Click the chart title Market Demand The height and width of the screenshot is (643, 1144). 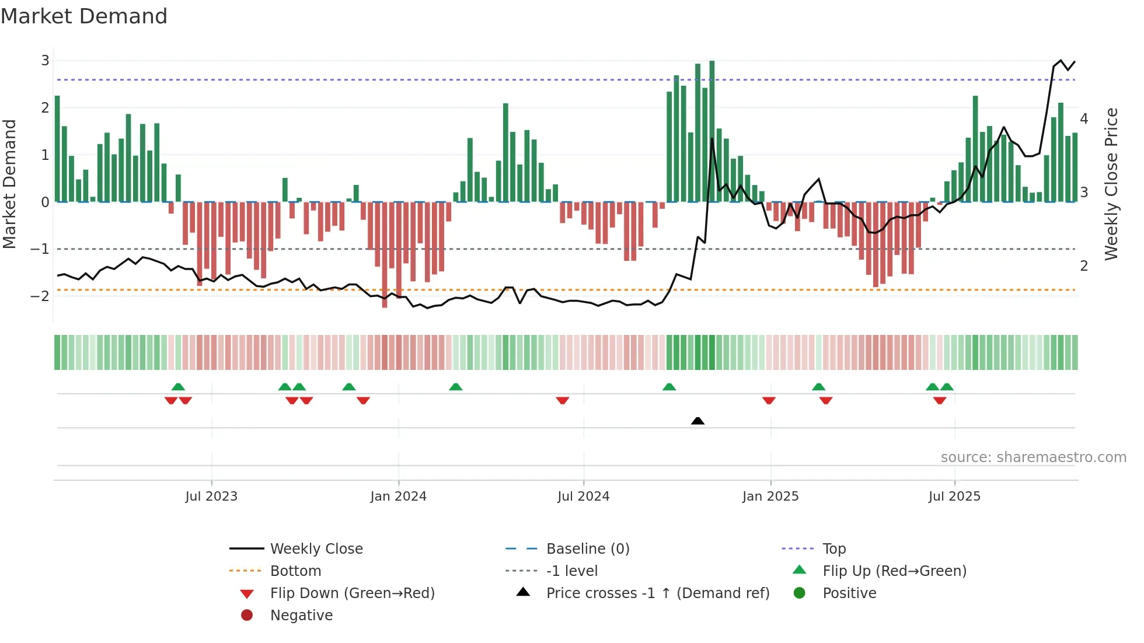(x=84, y=16)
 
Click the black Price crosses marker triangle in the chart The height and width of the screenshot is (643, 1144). (x=697, y=421)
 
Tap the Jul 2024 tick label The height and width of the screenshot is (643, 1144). (x=583, y=497)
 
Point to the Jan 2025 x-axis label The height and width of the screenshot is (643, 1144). (x=770, y=497)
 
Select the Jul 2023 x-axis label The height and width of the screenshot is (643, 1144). (x=211, y=497)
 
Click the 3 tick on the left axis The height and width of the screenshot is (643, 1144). (x=45, y=61)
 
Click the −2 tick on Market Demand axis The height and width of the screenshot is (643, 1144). (x=40, y=296)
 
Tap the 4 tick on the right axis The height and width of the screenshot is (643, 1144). (x=1084, y=119)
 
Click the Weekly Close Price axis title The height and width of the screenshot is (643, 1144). (x=1111, y=184)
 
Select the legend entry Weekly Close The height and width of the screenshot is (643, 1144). (x=316, y=549)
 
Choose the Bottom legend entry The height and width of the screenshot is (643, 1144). (x=295, y=571)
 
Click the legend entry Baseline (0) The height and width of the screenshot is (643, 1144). (x=588, y=549)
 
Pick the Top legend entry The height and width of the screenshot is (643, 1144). (x=834, y=549)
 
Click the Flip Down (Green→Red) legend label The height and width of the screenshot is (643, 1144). (x=352, y=593)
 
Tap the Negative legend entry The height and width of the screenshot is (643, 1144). (x=301, y=616)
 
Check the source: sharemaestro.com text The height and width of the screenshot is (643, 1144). (x=1033, y=457)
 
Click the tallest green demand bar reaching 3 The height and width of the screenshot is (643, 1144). (x=712, y=131)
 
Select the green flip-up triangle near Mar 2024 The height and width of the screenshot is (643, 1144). (x=456, y=387)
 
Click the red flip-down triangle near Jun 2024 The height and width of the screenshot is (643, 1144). (x=563, y=400)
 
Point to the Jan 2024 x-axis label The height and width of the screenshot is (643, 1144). (x=399, y=497)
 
